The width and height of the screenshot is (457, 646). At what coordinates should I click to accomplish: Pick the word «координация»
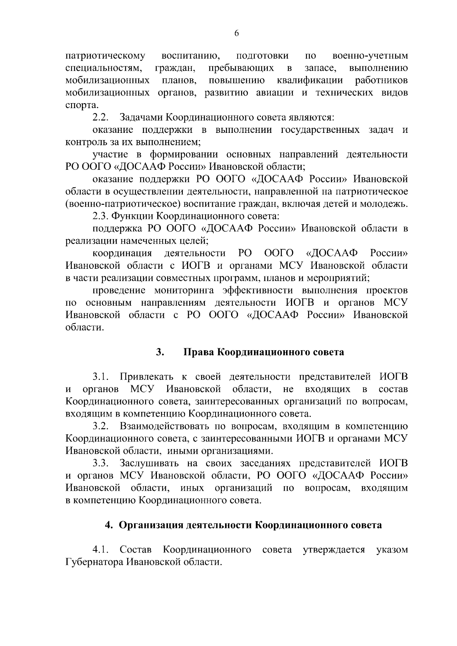[x=122, y=253]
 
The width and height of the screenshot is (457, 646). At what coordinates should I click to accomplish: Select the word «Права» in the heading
[x=198, y=352]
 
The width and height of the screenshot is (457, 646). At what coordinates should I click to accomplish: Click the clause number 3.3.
[x=101, y=463]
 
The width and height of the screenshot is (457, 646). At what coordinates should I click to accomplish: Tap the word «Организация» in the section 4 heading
[x=150, y=525]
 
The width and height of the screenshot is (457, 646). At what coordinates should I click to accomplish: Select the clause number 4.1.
[x=101, y=550]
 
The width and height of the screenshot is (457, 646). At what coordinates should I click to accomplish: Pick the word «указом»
[x=392, y=550]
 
